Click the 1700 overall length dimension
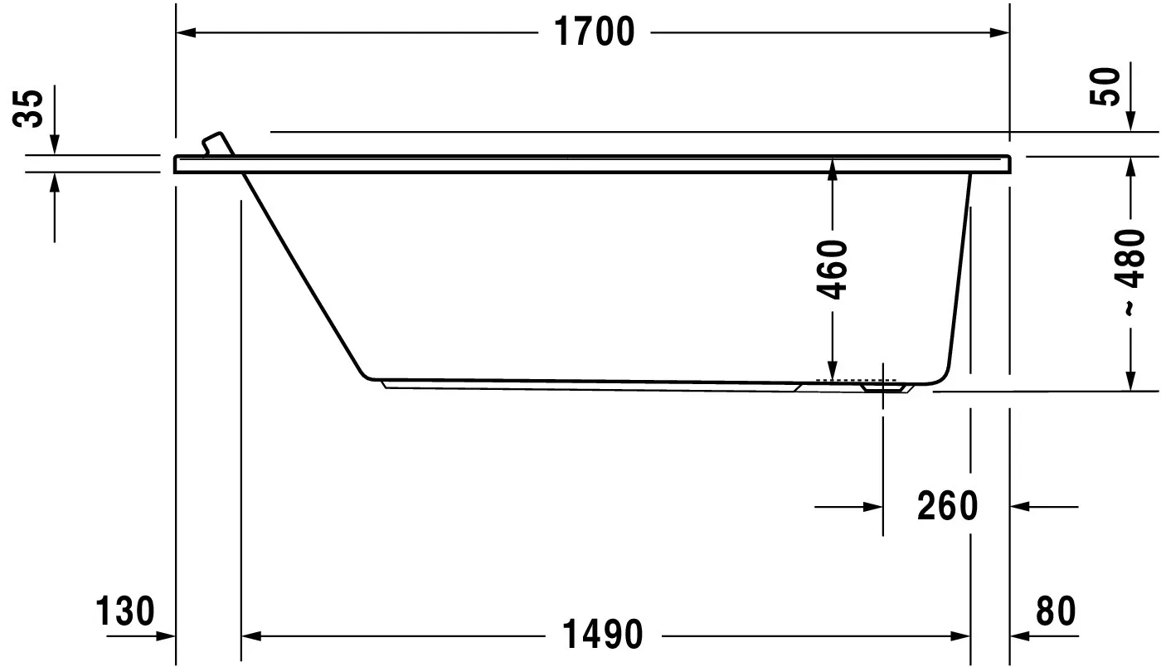tap(593, 32)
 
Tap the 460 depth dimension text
tap(833, 270)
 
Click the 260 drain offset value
tap(947, 505)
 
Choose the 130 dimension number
tap(125, 611)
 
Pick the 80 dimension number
tap(1055, 611)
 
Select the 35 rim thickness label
tap(30, 108)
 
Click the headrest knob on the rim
tap(216, 142)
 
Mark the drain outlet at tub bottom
tap(882, 386)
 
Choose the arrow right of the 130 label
tap(166, 636)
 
